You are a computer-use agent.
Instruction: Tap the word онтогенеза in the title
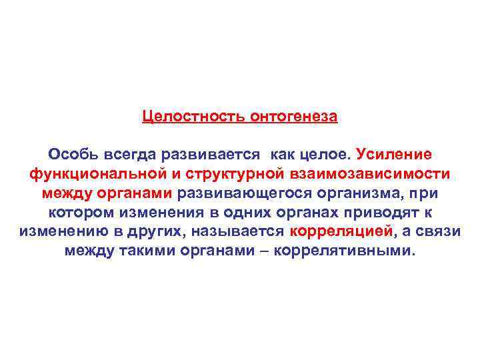click(x=294, y=117)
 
